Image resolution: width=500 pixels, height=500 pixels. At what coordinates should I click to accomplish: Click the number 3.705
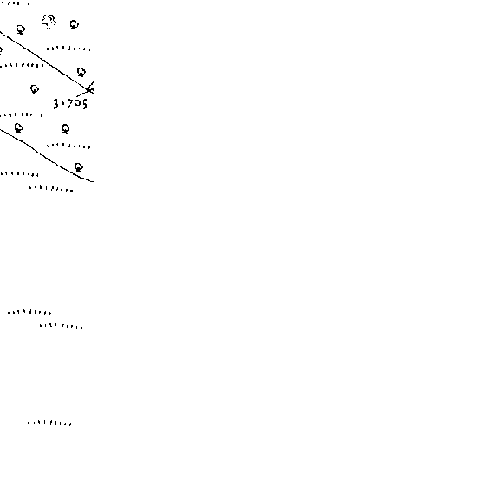click(70, 104)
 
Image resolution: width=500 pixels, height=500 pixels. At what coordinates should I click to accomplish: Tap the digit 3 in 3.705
click(56, 104)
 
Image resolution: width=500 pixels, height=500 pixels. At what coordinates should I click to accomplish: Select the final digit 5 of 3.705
click(84, 104)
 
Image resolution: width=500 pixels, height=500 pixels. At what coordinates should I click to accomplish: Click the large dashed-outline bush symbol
click(49, 22)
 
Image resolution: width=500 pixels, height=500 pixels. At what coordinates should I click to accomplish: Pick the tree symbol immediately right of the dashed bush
click(74, 25)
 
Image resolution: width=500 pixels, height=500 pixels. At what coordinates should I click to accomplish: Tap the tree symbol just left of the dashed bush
click(21, 30)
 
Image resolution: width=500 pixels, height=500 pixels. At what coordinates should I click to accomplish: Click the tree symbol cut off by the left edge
click(1, 50)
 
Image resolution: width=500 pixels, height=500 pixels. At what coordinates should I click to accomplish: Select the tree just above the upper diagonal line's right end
click(81, 72)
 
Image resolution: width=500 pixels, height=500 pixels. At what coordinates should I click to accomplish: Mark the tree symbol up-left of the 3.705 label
click(35, 89)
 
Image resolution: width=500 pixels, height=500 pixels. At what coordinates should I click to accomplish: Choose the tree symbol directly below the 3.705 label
click(66, 129)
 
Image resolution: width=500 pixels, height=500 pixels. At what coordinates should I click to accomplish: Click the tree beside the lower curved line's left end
click(18, 128)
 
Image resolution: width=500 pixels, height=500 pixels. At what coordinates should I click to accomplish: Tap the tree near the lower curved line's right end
click(79, 167)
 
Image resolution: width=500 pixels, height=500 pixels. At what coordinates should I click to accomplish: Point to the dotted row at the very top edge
click(15, 3)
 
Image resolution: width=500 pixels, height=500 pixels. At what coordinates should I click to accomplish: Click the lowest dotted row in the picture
click(49, 423)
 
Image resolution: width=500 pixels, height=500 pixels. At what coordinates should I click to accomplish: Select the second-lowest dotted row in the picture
click(62, 326)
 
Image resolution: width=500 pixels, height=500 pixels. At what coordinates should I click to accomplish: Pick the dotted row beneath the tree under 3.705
click(68, 146)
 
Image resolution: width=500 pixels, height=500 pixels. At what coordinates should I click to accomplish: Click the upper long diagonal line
click(45, 60)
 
